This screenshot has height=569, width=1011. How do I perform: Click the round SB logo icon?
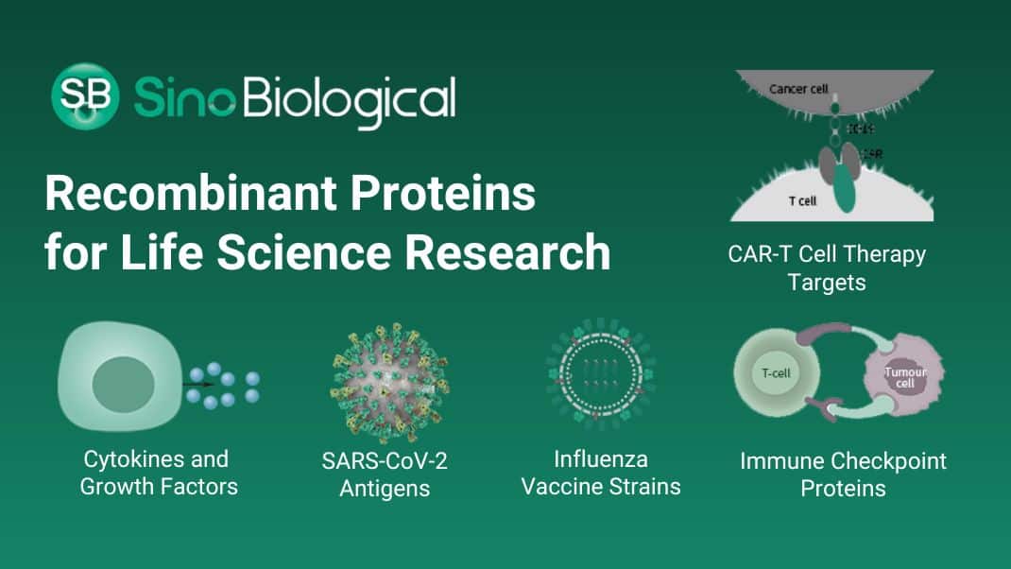point(85,95)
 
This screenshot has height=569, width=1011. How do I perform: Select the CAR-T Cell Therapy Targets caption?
point(827,267)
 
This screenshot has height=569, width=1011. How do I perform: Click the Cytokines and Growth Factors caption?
point(159,473)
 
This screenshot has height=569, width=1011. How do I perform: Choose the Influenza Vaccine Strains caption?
point(601,473)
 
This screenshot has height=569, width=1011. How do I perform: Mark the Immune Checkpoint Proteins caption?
point(843,474)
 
